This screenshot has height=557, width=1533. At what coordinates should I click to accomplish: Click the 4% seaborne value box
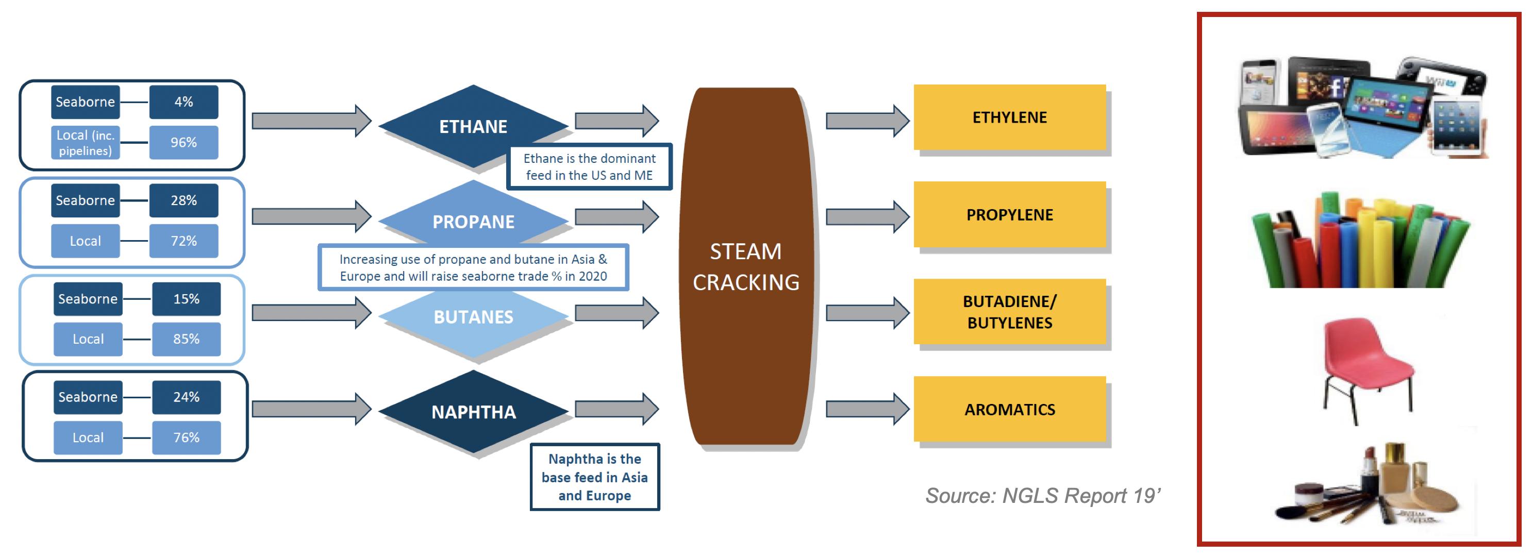coord(184,102)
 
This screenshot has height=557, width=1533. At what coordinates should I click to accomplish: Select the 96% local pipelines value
coord(184,142)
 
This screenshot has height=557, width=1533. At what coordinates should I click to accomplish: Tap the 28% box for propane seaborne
coord(184,200)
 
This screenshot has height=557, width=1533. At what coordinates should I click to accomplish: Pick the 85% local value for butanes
coord(186,339)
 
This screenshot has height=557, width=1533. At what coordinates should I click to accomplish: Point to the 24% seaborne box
coord(186,397)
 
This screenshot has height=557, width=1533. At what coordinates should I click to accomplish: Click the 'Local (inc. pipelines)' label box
coord(85,142)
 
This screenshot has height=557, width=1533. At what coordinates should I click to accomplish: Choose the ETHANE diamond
coord(473,126)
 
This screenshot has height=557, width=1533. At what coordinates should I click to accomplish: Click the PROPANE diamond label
coord(473,222)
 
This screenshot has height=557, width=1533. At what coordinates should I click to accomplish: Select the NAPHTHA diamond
coord(473,412)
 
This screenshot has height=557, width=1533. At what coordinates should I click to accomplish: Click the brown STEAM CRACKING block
coord(746,266)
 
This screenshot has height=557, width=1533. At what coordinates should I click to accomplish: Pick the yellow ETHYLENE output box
coord(1009,117)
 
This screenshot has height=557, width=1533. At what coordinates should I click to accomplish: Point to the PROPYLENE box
coord(1009,214)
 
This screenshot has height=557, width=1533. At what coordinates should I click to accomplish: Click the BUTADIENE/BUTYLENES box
coord(1009,312)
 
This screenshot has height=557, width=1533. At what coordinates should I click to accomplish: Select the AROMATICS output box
coord(1009,410)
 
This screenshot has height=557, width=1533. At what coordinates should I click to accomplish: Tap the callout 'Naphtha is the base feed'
coord(594,477)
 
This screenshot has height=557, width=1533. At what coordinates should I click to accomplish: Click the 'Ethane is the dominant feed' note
coord(589,166)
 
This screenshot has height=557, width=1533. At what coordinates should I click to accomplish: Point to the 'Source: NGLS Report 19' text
coord(1043,495)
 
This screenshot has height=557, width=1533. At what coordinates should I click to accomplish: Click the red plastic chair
coord(1367,369)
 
